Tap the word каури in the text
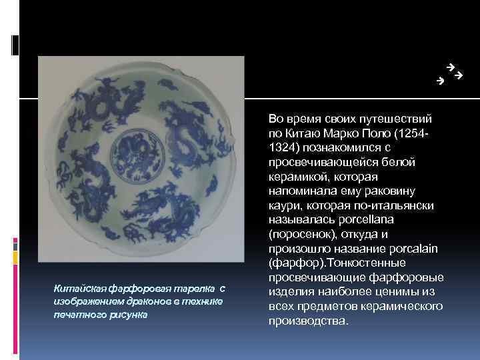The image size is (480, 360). coord(283,205)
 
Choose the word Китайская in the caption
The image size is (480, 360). coord(75,289)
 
